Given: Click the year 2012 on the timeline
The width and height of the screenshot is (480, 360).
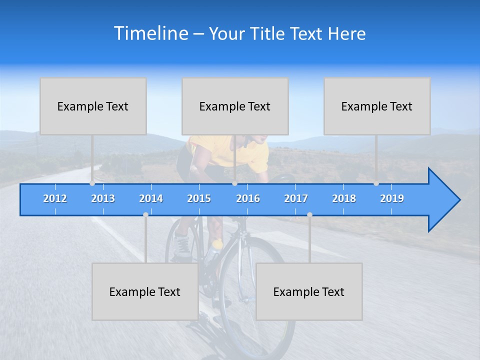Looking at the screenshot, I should click(55, 198).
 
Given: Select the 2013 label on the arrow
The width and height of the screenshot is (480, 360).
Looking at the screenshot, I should click(103, 198).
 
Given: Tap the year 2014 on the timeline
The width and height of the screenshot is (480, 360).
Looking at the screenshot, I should click(151, 198).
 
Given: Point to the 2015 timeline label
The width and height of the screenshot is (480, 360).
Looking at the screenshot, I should click(199, 198).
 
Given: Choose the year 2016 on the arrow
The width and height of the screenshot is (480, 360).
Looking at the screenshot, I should click(248, 198).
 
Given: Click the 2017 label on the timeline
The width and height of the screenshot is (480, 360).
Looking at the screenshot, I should click(296, 198).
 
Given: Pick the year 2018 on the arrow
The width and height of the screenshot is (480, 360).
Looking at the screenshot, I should click(344, 198).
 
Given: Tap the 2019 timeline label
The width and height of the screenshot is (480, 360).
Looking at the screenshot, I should click(392, 198).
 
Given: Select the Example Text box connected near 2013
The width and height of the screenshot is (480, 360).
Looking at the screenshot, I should click(93, 106).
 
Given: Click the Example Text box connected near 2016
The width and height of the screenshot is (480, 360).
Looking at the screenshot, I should click(235, 106).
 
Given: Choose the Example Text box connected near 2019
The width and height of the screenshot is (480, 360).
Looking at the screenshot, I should click(377, 106).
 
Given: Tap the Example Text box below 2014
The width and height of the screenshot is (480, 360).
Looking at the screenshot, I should click(145, 291).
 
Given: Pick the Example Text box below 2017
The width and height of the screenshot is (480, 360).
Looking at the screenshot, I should click(309, 291).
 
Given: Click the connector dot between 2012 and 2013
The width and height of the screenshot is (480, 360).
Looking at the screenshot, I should click(92, 183).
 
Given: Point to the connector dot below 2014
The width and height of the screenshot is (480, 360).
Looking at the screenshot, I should click(145, 214).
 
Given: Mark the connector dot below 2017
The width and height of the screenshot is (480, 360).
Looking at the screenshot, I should click(309, 214).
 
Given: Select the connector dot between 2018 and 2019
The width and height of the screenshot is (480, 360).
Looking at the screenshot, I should click(376, 183).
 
